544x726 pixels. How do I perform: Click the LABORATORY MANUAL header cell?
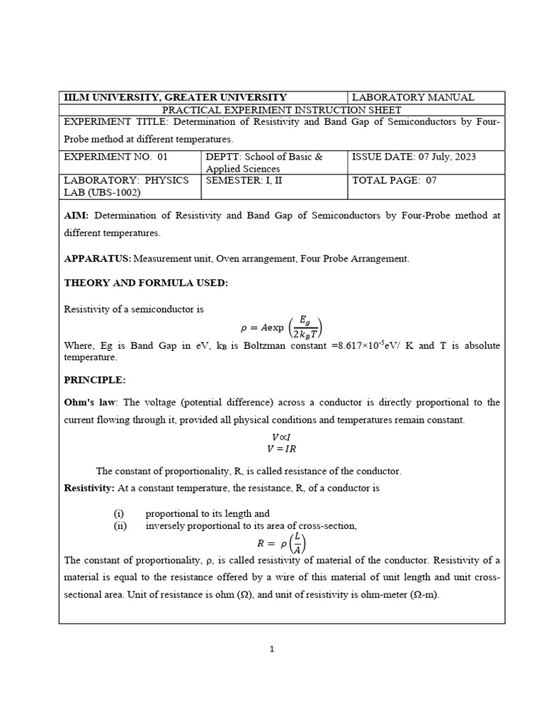[x=413, y=97]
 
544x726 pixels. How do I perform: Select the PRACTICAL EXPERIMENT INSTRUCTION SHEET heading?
[x=282, y=110]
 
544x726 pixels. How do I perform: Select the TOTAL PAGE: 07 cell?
[x=395, y=180]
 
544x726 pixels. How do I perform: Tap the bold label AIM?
[x=77, y=215]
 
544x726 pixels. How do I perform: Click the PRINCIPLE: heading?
[x=95, y=380]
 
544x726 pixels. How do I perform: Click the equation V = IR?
[x=281, y=449]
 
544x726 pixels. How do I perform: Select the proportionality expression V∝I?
[x=281, y=437]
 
